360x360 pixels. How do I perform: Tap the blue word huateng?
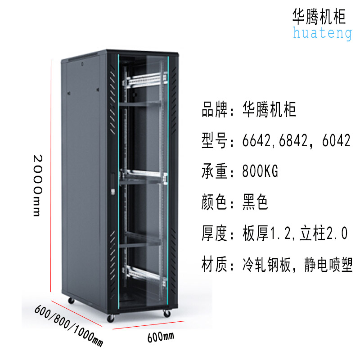[322, 33]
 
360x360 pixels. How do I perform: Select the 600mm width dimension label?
[160, 336]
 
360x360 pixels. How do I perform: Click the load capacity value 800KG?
[260, 171]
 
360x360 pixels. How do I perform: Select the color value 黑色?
[255, 202]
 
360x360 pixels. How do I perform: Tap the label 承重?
[214, 171]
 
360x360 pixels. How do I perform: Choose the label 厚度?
[214, 234]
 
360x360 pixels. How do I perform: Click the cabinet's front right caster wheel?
[166, 314]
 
